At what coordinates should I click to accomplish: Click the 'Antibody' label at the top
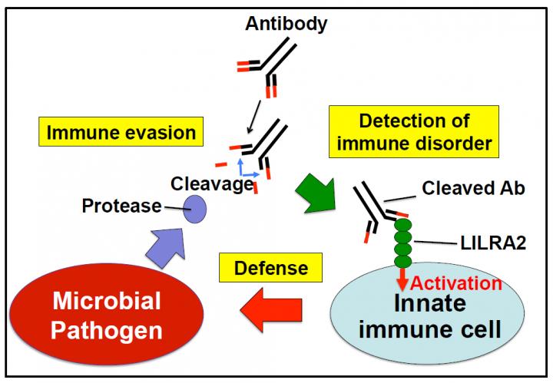coord(286,24)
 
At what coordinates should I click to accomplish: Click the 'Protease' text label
coord(122,206)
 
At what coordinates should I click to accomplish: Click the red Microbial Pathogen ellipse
coord(106,313)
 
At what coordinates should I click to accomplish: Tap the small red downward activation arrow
coord(402,279)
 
